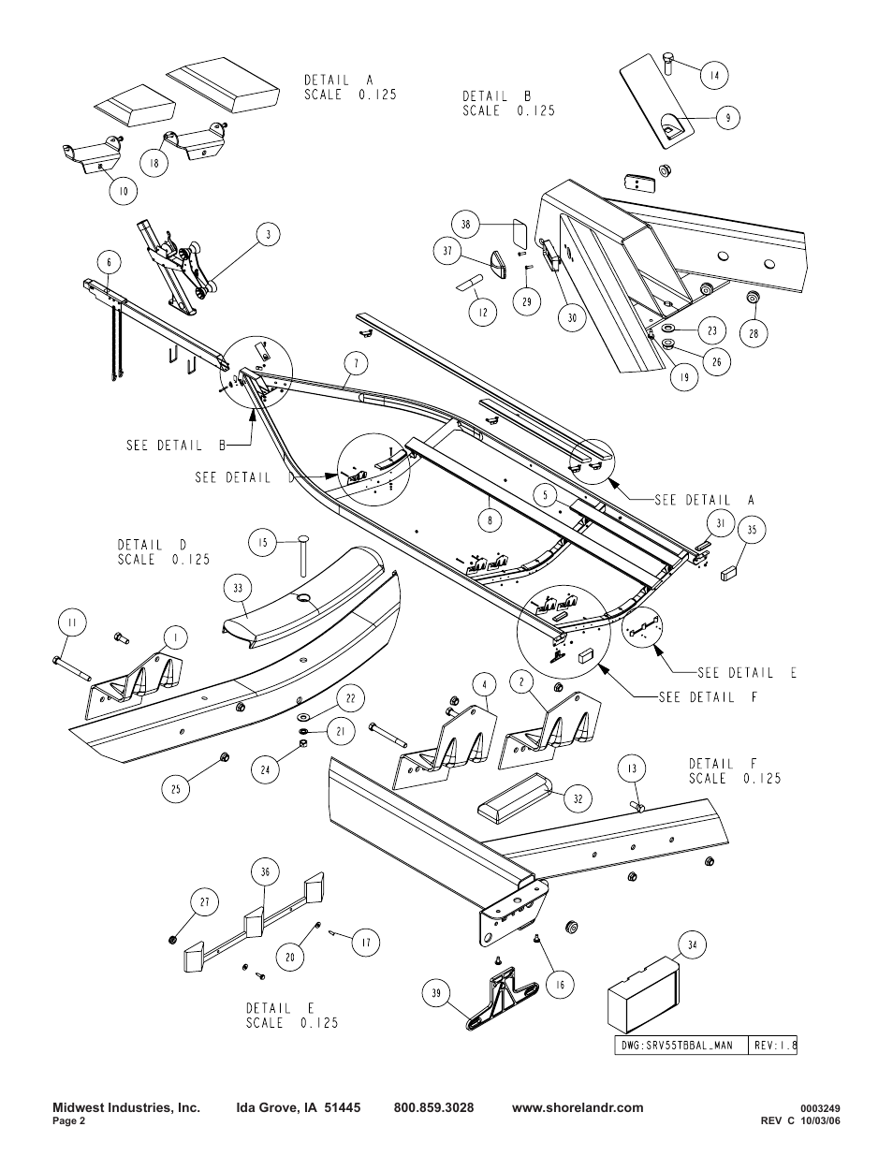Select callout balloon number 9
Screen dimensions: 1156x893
pos(727,118)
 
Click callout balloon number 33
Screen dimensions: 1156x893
pos(238,589)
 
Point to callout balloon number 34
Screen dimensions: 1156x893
pos(693,945)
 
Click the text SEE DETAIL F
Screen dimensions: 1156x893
pos(707,697)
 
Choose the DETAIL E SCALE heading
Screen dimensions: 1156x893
pos(292,1015)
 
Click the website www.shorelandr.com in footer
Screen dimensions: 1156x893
pos(578,1107)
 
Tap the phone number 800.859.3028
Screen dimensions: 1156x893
pos(433,1107)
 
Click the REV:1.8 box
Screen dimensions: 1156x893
pos(772,1045)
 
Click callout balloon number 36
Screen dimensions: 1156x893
pos(265,871)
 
